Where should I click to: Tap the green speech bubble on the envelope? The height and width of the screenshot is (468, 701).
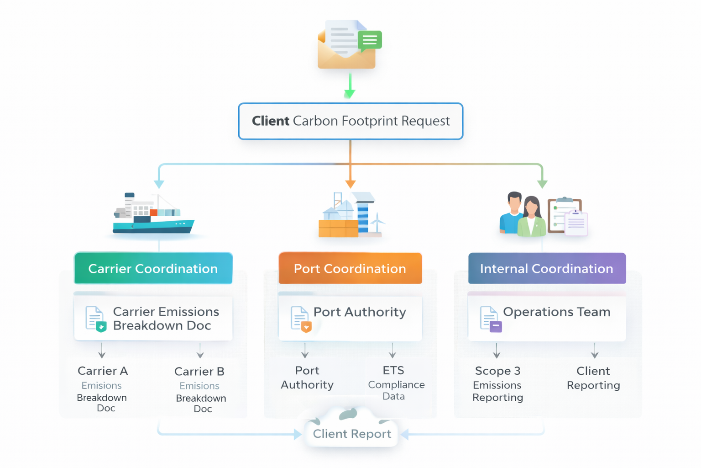(370, 41)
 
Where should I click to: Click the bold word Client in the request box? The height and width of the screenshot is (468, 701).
(270, 121)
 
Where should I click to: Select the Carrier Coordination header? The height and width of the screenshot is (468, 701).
(153, 268)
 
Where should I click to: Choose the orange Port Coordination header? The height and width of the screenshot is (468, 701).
(350, 268)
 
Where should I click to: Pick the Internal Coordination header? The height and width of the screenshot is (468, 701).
(547, 268)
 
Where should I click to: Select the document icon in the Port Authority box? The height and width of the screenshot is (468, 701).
(301, 319)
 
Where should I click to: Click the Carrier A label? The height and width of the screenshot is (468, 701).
(103, 371)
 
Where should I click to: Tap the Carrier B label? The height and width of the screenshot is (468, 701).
(199, 371)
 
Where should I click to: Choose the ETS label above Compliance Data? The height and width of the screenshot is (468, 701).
(393, 370)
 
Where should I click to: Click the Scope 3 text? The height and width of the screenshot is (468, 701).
(497, 371)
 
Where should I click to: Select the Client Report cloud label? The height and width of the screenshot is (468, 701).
(352, 434)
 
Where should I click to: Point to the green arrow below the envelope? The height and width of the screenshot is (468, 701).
(350, 87)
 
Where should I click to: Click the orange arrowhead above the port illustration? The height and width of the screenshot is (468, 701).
(350, 184)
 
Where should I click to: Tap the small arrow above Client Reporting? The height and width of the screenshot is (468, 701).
(594, 351)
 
